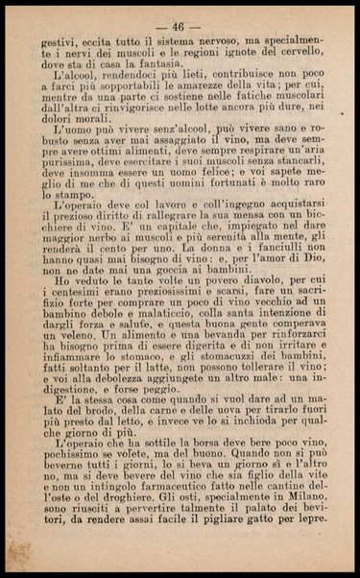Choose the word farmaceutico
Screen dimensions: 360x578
(179, 538)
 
